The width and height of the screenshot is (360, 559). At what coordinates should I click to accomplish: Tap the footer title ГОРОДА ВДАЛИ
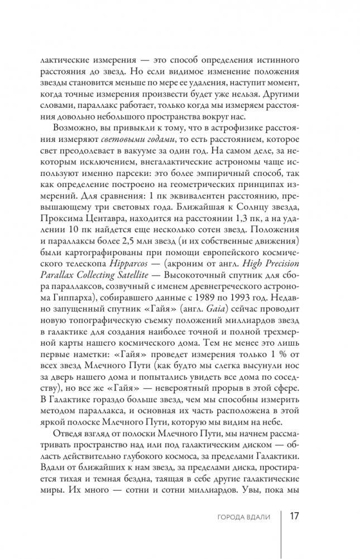[244, 517]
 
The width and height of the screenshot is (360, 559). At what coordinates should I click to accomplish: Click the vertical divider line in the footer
[281, 517]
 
